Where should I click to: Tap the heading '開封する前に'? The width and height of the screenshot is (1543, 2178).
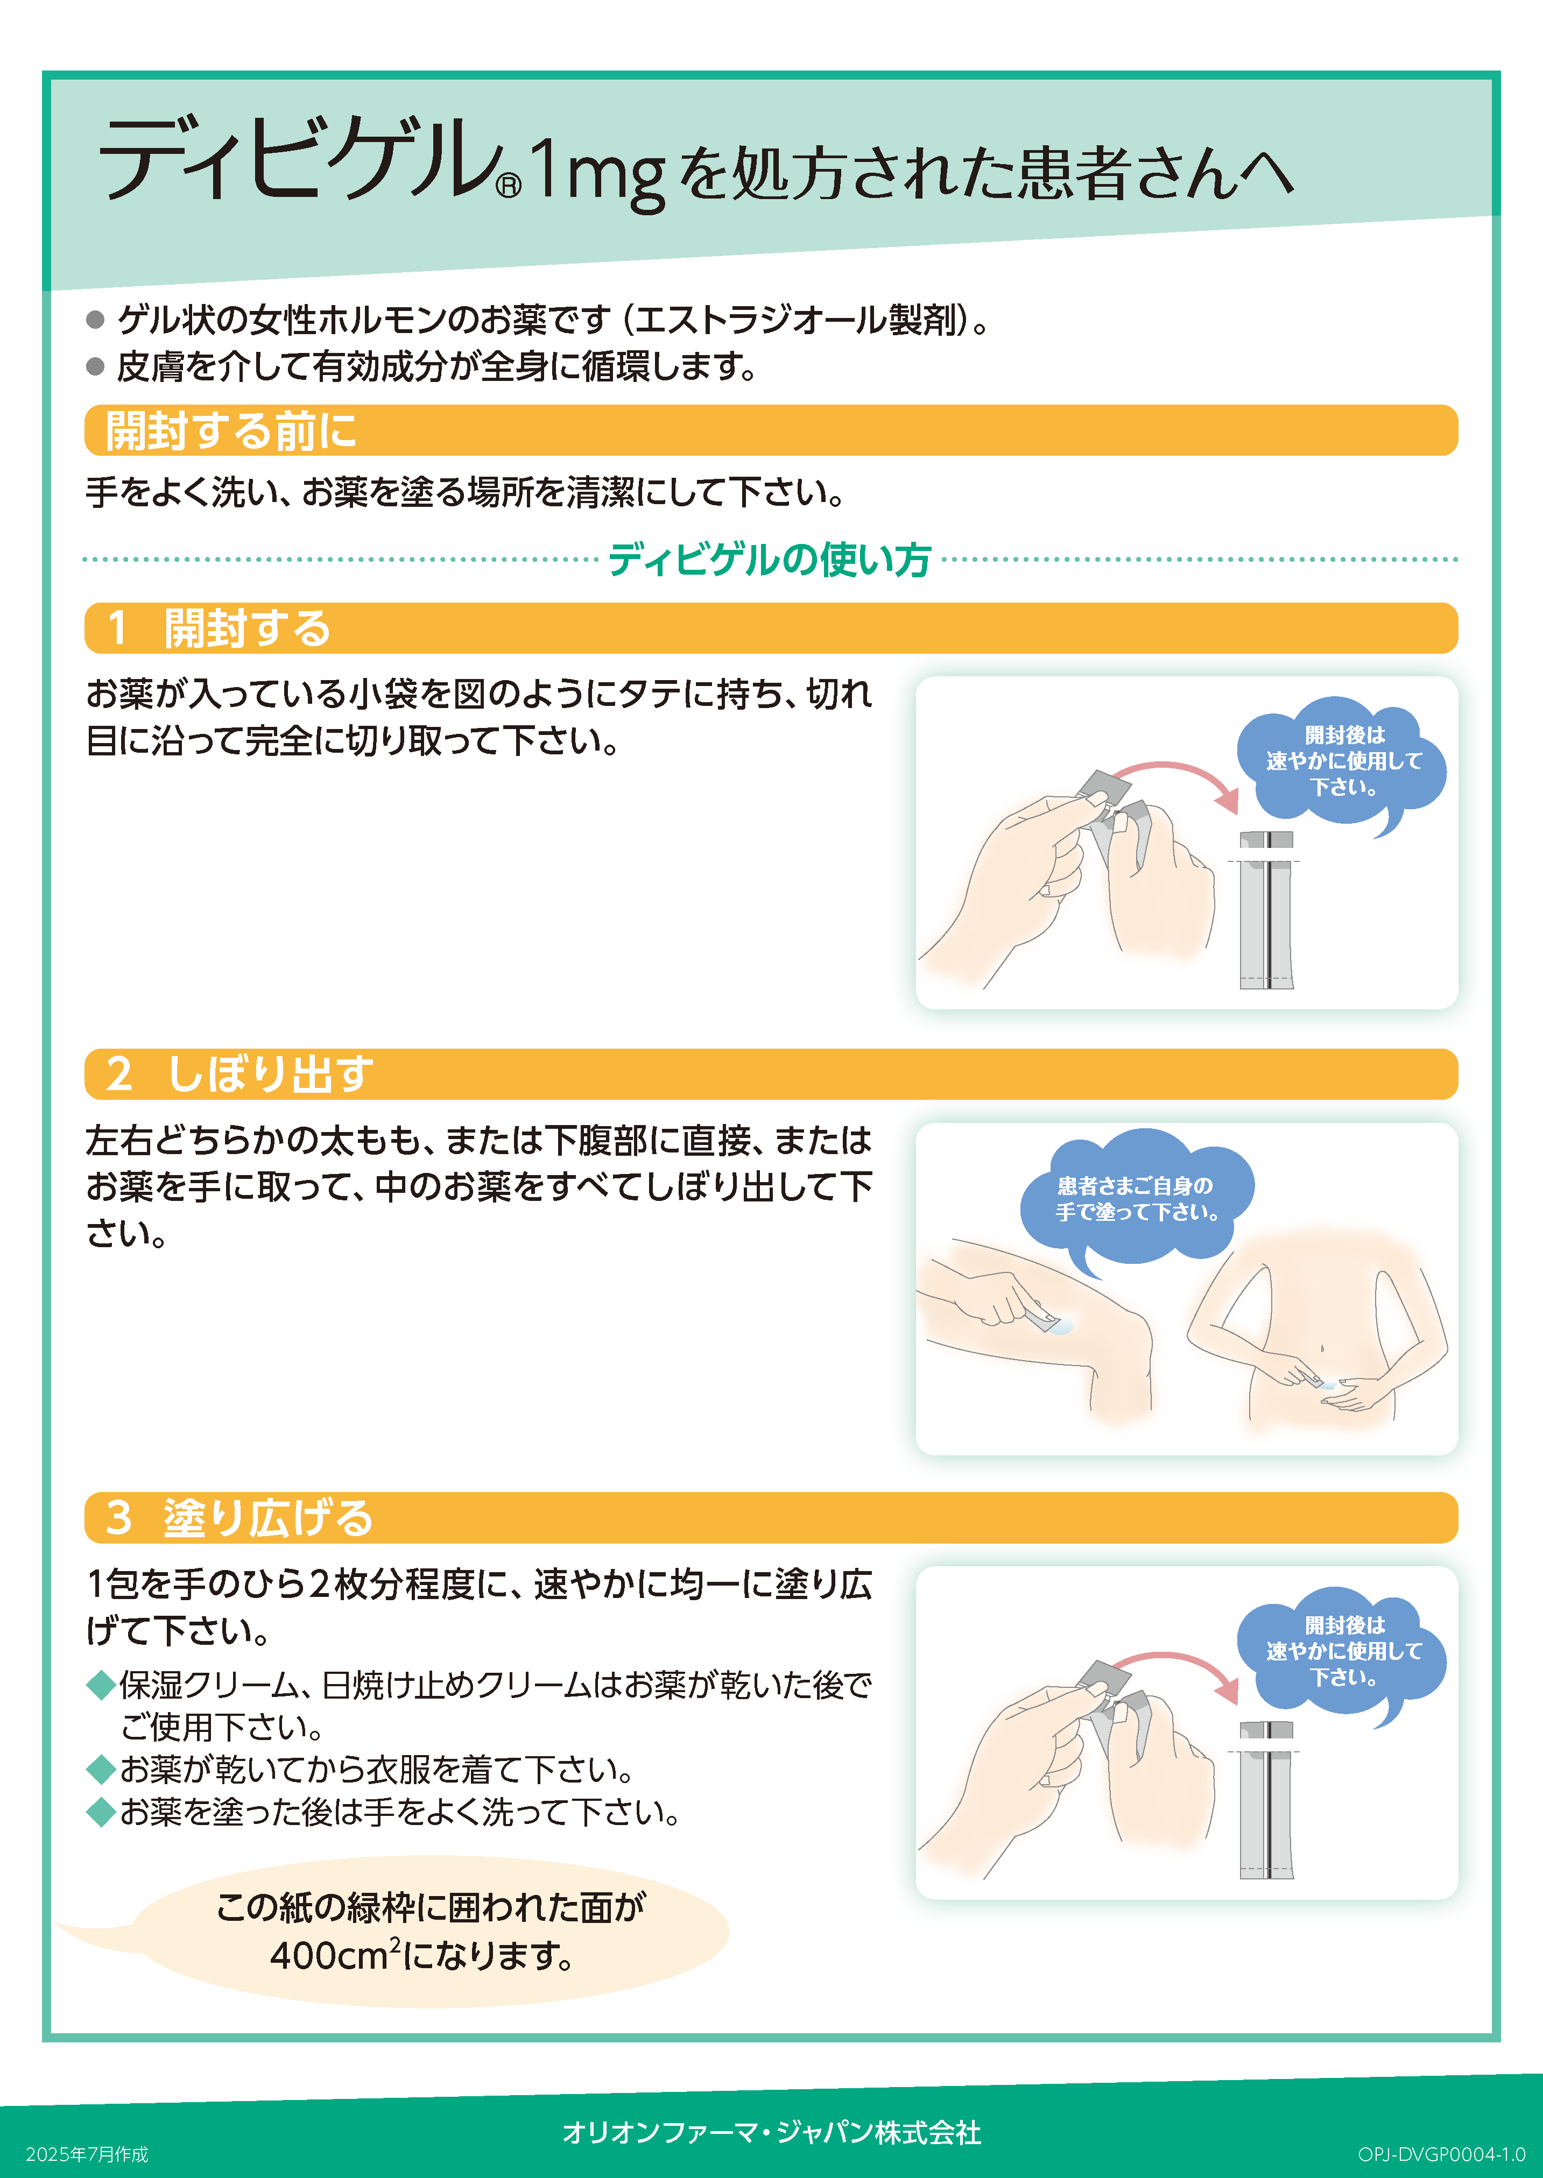pos(231,430)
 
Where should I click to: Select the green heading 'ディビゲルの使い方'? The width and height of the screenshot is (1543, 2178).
pos(770,560)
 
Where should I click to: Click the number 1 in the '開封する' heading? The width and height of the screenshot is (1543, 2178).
pos(118,628)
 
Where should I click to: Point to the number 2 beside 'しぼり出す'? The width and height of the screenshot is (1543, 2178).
pos(119,1074)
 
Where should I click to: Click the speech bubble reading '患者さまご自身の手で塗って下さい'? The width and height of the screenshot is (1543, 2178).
pos(1136,1199)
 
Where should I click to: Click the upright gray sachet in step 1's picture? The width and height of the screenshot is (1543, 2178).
pos(1266,912)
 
